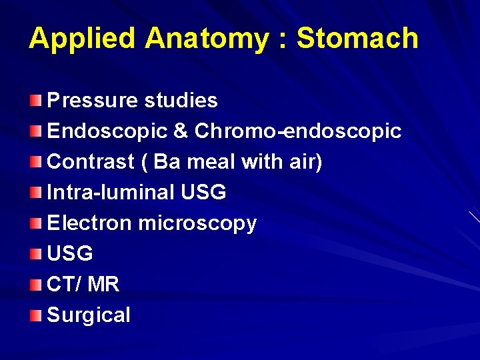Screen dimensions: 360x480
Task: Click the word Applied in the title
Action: [83, 39]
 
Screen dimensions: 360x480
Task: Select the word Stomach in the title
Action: [357, 39]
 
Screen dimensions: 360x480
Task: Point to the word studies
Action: [179, 101]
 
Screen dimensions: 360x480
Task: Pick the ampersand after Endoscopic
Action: [180, 131]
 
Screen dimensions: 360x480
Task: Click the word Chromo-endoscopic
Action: [297, 131]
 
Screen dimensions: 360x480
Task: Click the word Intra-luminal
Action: [111, 193]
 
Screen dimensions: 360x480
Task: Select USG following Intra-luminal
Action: [203, 193]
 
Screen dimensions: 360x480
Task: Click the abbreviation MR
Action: [103, 285]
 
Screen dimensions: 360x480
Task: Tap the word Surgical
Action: [89, 315]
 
